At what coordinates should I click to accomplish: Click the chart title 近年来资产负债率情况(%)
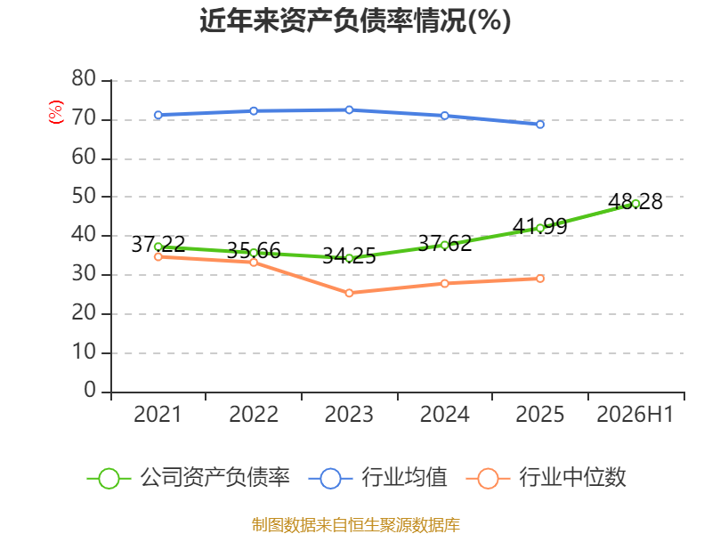pyautogui.click(x=355, y=20)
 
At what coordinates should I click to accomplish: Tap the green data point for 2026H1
pyautogui.click(x=635, y=204)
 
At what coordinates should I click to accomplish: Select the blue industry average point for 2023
pyautogui.click(x=349, y=109)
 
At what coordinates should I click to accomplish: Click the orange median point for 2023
pyautogui.click(x=349, y=294)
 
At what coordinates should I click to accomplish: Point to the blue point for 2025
pyautogui.click(x=540, y=125)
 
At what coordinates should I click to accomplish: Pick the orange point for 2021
pyautogui.click(x=158, y=257)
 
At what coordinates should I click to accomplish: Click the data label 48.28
pyautogui.click(x=635, y=202)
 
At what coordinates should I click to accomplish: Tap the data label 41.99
pyautogui.click(x=540, y=226)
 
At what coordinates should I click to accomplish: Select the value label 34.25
pyautogui.click(x=349, y=256)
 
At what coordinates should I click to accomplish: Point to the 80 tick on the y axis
pyautogui.click(x=84, y=79)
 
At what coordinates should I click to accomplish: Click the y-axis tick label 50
pyautogui.click(x=84, y=196)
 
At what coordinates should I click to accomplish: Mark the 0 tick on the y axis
pyautogui.click(x=90, y=390)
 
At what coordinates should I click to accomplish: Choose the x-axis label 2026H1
pyautogui.click(x=635, y=414)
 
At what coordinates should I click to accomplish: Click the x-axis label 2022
pyautogui.click(x=254, y=414)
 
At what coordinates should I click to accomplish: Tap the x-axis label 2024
pyautogui.click(x=444, y=414)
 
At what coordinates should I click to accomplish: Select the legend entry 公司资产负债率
pyautogui.click(x=189, y=478)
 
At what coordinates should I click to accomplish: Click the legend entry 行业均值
pyautogui.click(x=377, y=478)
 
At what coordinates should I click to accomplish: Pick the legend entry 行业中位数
pyautogui.click(x=546, y=478)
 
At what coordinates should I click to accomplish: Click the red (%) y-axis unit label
pyautogui.click(x=56, y=112)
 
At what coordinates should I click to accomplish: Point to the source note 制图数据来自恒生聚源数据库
pyautogui.click(x=356, y=525)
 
